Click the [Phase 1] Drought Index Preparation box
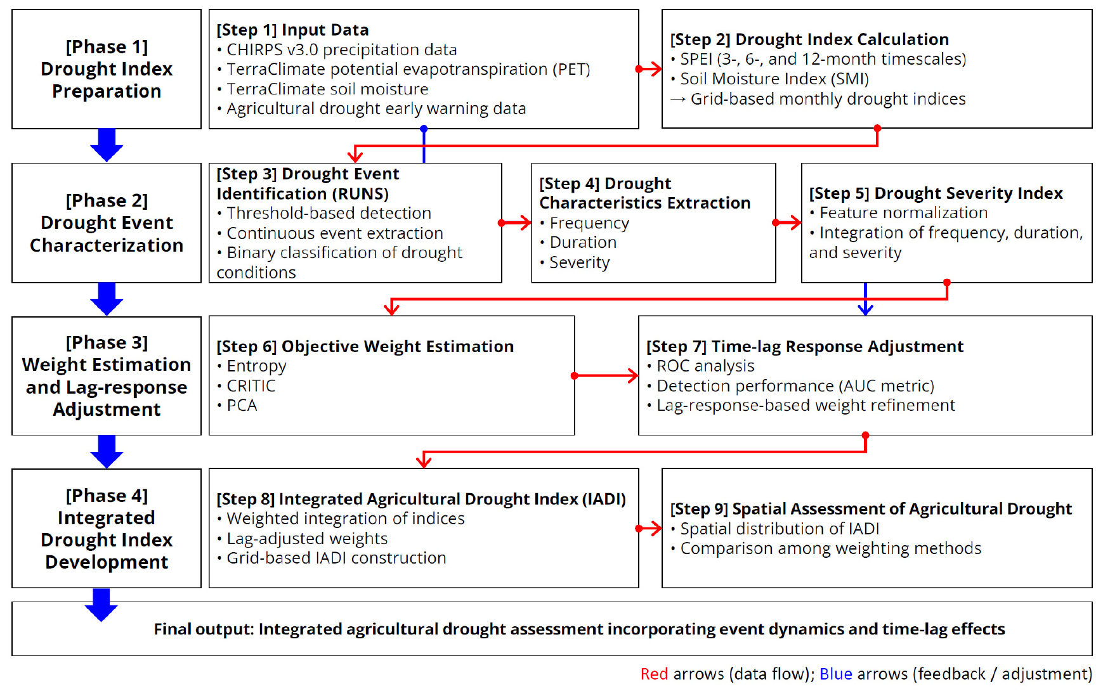coord(107,69)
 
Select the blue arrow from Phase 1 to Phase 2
coord(107,145)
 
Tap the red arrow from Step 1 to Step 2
coord(649,69)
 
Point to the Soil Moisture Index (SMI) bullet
coord(770,79)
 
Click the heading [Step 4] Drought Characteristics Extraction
coord(644,193)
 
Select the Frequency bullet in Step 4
coord(584,223)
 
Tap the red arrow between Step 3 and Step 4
coord(515,222)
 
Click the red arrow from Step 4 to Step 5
coord(787,222)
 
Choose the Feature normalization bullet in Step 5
coord(899,212)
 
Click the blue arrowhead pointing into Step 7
coord(865,309)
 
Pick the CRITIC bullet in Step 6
coord(246,385)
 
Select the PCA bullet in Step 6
coord(237,405)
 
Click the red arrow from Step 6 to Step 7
coord(605,376)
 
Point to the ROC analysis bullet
coord(701,366)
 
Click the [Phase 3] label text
coord(107,342)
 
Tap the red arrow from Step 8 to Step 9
coord(649,529)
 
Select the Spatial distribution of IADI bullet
coord(775,529)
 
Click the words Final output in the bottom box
coord(204,629)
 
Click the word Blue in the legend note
coord(835,674)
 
